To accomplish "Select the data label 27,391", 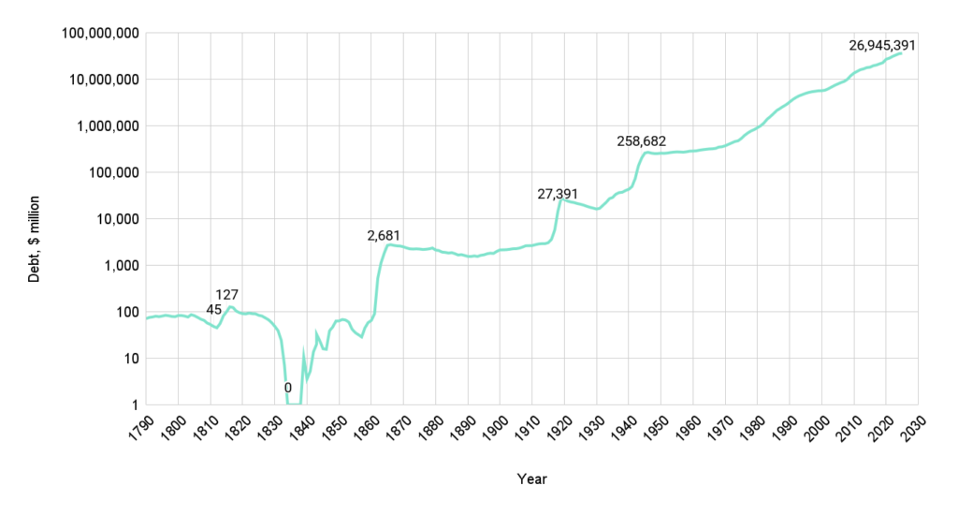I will tap(559, 194).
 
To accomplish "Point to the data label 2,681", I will tap(385, 235).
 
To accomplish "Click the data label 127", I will tap(227, 295).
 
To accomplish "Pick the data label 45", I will tap(213, 310).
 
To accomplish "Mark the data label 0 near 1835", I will tap(288, 387).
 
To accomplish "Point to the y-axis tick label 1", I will tap(136, 405).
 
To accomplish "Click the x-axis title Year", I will tap(531, 479).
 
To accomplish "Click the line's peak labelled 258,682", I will tap(646, 152).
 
